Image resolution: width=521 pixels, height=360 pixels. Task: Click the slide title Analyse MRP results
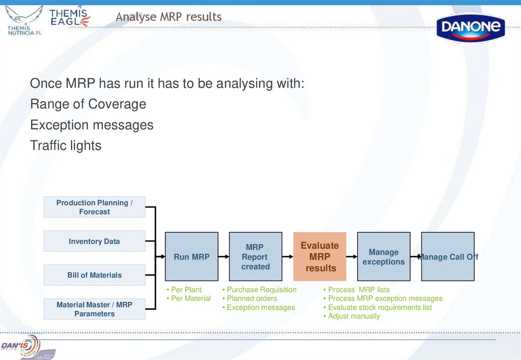168,17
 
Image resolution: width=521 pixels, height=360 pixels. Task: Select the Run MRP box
192,257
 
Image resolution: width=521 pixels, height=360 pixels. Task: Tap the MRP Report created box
255,257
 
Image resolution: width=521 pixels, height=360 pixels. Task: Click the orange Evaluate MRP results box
320,257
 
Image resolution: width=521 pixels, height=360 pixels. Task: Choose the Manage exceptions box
384,257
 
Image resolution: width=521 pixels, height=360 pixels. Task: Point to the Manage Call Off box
448,257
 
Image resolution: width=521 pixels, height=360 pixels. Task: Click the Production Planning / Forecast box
94,207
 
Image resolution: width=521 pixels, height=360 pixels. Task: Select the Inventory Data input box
94,242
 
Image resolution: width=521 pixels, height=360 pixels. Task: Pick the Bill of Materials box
94,275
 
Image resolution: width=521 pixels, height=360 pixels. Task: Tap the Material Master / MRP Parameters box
94,309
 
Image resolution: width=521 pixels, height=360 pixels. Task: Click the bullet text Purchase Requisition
262,289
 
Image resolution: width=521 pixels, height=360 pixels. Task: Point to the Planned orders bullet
252,298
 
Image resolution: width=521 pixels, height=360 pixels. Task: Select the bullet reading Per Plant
186,289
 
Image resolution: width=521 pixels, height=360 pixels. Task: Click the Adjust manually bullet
354,316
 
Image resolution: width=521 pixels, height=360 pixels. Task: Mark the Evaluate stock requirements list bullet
380,307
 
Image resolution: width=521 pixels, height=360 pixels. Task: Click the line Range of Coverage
88,104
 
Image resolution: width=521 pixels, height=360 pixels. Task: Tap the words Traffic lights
66,145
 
